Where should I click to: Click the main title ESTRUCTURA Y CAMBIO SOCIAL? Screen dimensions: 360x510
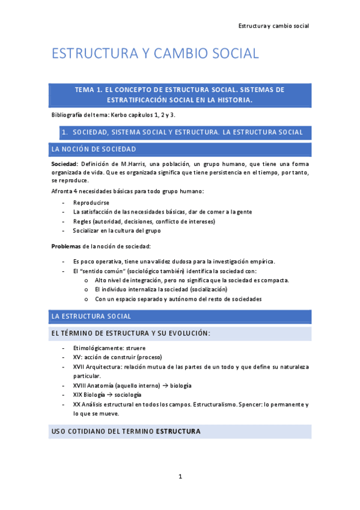[155, 54]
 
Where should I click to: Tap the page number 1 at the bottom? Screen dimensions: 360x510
[180, 477]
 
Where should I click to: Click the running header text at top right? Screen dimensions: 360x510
[273, 26]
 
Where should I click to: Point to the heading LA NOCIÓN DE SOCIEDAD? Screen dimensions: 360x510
[94, 149]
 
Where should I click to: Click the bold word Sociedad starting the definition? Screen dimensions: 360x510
[64, 164]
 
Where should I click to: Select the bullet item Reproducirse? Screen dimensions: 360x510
[91, 203]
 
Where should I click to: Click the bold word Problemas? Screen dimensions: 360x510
[67, 247]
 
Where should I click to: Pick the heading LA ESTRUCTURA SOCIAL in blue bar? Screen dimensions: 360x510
[91, 316]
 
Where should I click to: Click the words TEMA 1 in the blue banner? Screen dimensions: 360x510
[89, 90]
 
